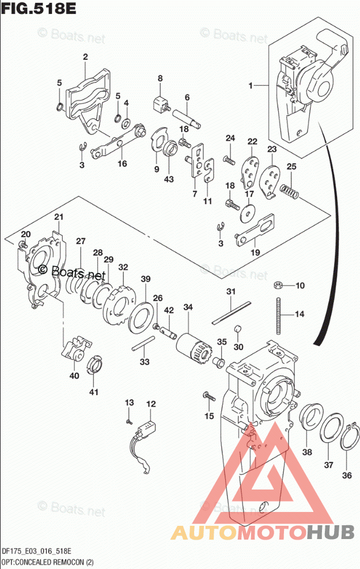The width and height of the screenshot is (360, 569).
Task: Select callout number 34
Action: (188, 308)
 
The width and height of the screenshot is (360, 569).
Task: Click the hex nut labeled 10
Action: (277, 286)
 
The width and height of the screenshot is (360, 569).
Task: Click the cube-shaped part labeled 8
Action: (159, 105)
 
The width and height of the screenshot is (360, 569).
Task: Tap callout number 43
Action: (168, 179)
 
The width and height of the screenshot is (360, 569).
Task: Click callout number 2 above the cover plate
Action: (85, 56)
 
